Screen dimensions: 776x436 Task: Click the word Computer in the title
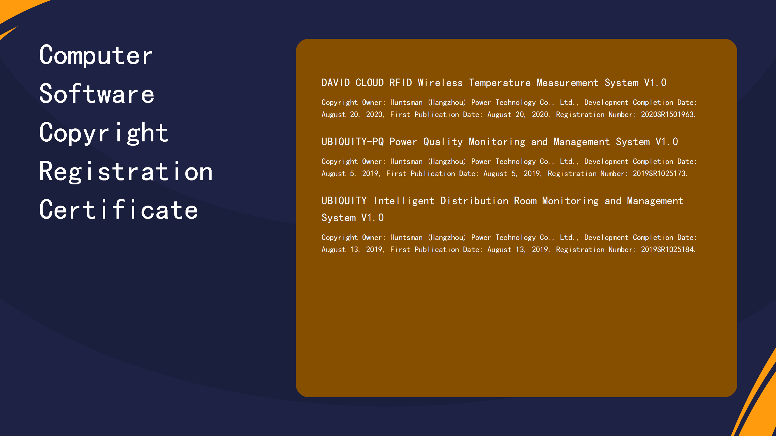pyautogui.click(x=96, y=55)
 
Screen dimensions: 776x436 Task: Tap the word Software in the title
pyautogui.click(x=97, y=94)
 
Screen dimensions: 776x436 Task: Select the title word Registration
pyautogui.click(x=126, y=171)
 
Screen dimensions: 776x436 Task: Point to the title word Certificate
pyautogui.click(x=119, y=210)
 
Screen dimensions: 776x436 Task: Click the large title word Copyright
pyautogui.click(x=104, y=133)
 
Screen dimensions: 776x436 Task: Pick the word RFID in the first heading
pyautogui.click(x=400, y=83)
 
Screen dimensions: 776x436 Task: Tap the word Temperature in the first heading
pyautogui.click(x=500, y=83)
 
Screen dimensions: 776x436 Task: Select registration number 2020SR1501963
pyautogui.click(x=668, y=114)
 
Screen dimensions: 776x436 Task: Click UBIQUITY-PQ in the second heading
pyautogui.click(x=353, y=142)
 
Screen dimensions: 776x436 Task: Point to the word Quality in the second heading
pyautogui.click(x=443, y=142)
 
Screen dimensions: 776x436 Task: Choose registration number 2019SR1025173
pyautogui.click(x=660, y=173)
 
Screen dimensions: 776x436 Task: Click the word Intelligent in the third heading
pyautogui.click(x=404, y=201)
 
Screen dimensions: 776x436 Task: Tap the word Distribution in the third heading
pyautogui.click(x=474, y=201)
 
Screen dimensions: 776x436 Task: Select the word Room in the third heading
pyautogui.click(x=525, y=201)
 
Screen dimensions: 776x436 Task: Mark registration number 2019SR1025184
pyautogui.click(x=668, y=249)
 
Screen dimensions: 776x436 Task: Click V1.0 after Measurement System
pyautogui.click(x=655, y=83)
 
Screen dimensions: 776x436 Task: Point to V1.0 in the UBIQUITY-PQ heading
pyautogui.click(x=667, y=142)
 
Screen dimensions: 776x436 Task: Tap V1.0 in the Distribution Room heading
pyautogui.click(x=372, y=218)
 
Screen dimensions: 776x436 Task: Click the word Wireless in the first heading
pyautogui.click(x=440, y=83)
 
